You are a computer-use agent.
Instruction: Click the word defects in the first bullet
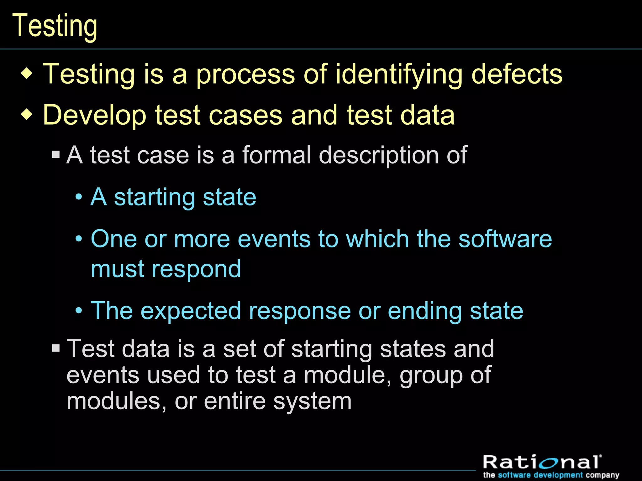pyautogui.click(x=517, y=74)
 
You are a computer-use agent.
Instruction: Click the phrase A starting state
pyautogui.click(x=173, y=198)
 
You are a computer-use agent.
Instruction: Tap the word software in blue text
pyautogui.click(x=505, y=239)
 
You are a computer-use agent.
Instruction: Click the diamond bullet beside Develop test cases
pyautogui.click(x=27, y=115)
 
